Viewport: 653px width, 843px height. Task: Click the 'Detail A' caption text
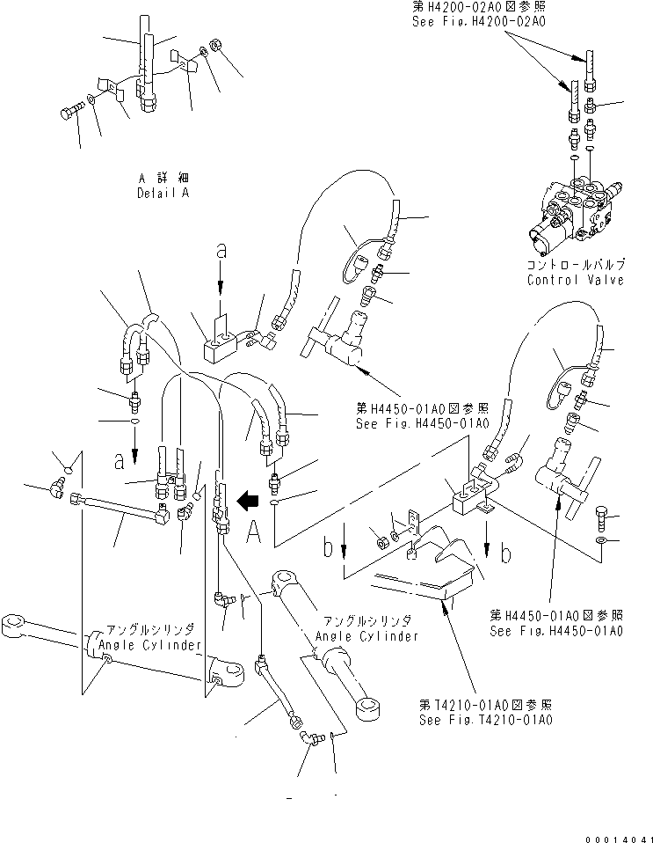163,193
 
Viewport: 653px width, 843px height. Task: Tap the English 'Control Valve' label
575,280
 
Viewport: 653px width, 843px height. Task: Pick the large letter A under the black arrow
252,531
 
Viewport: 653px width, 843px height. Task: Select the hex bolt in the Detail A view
70,114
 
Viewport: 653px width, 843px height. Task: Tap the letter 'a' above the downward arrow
221,252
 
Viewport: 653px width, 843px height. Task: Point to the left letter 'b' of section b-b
328,550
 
